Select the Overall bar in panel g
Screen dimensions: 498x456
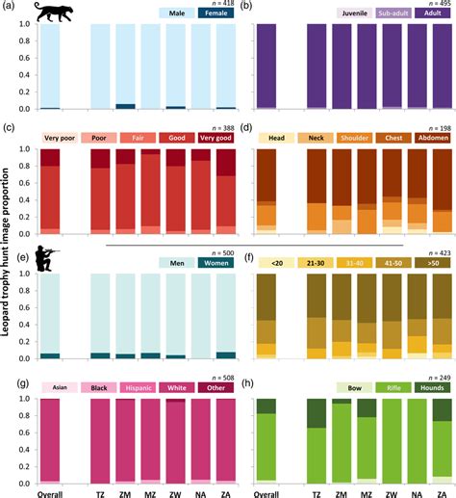49,438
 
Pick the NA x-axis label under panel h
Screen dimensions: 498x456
414,491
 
